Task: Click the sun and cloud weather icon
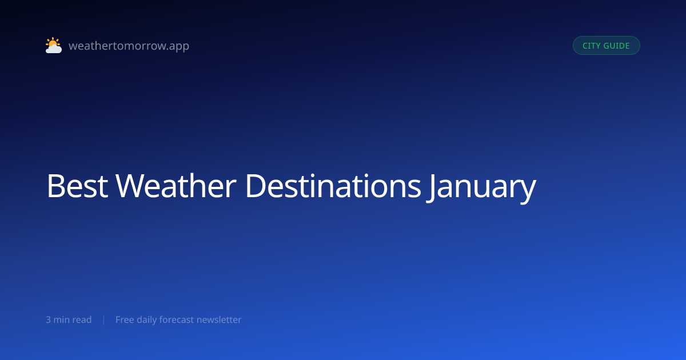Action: (x=54, y=45)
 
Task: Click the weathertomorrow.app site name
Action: (x=129, y=46)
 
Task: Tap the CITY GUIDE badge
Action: (x=607, y=46)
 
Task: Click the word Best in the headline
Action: (x=77, y=186)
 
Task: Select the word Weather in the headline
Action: (x=176, y=186)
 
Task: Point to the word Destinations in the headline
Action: (x=333, y=186)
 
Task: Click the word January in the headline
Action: (x=481, y=187)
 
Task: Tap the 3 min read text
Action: (x=69, y=319)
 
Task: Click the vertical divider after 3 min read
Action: (x=104, y=320)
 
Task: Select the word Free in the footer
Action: (x=125, y=319)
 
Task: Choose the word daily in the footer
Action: (x=147, y=320)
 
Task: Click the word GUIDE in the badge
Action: (x=616, y=46)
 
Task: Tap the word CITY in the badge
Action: (x=591, y=46)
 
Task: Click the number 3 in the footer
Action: (x=48, y=320)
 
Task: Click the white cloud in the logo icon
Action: (x=54, y=49)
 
